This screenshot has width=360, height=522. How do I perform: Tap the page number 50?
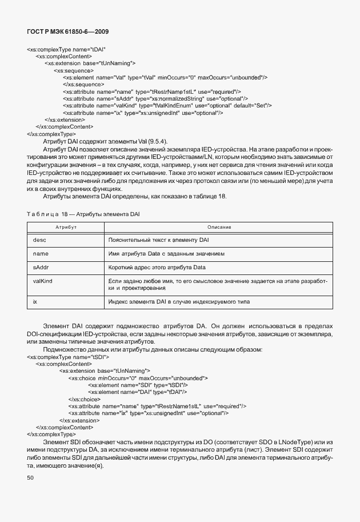tap(30, 477)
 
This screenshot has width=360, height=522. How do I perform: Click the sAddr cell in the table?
tap(41, 267)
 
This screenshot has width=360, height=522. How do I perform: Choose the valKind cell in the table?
tap(43, 281)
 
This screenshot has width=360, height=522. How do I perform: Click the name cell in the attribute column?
tap(41, 253)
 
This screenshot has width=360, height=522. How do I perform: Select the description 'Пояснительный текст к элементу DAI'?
tap(158, 240)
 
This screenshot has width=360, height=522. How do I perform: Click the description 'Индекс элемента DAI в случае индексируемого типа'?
tap(179, 301)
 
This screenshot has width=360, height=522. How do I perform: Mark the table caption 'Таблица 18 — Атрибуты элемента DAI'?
tap(83, 214)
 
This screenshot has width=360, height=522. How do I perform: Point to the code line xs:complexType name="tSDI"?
tap(67, 357)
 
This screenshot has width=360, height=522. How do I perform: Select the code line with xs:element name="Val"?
tap(165, 77)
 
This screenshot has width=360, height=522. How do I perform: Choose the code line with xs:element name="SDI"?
tap(137, 385)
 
